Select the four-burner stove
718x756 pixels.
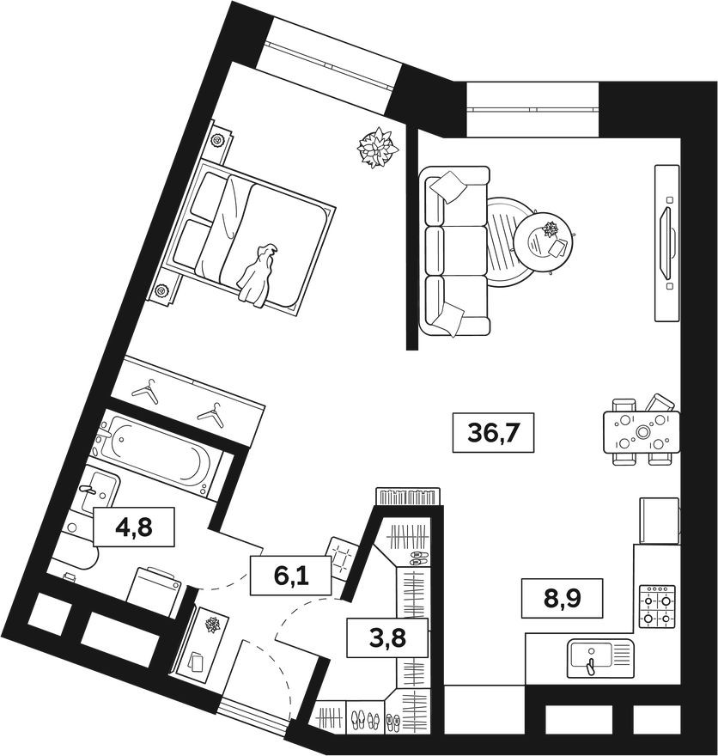[x=657, y=606]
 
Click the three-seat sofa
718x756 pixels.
[x=455, y=250]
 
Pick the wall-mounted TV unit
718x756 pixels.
[x=667, y=243]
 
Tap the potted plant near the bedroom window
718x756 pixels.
[x=377, y=147]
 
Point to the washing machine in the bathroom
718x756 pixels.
[x=153, y=591]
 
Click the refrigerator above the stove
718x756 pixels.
[x=659, y=521]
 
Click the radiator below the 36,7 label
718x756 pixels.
[x=408, y=497]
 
